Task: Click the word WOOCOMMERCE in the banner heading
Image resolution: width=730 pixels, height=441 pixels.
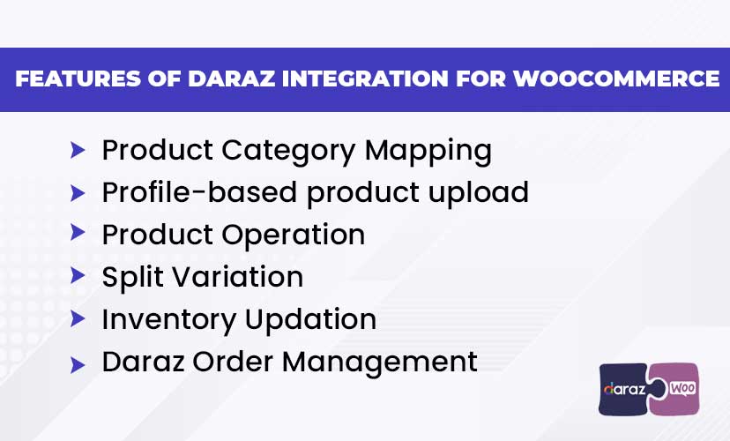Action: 616,78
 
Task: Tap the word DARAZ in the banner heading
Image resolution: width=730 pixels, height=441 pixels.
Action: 232,78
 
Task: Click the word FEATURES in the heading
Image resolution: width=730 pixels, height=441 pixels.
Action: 78,78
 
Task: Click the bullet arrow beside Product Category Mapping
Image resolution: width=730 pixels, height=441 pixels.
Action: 78,151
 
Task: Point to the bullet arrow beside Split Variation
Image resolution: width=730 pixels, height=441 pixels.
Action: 78,275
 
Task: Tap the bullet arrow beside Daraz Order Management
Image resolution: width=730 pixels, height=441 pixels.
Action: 78,365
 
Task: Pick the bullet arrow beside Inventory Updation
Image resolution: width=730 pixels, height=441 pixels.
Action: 78,318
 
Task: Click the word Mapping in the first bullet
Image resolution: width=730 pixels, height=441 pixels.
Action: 428,152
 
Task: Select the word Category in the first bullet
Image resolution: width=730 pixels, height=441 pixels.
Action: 288,152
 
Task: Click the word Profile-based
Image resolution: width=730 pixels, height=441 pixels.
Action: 199,192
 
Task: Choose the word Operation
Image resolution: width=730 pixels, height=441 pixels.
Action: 294,235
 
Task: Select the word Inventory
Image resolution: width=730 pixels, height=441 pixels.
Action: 168,320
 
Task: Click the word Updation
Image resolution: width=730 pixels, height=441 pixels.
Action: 310,320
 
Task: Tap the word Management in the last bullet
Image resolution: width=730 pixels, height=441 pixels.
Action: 379,363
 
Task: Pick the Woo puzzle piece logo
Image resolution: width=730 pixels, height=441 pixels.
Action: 678,389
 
